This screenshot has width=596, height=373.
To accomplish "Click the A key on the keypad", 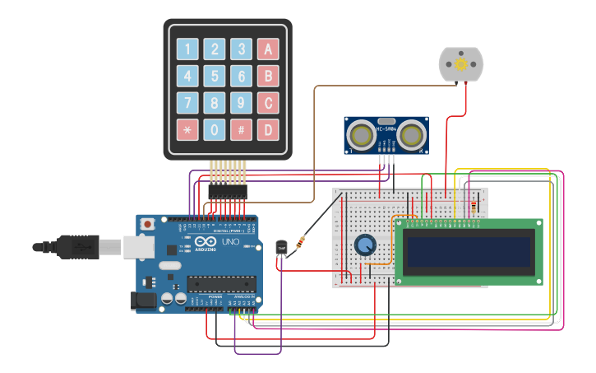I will pyautogui.click(x=267, y=49).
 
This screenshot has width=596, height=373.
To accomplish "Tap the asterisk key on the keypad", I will pyautogui.click(x=187, y=129).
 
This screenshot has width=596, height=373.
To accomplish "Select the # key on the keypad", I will pyautogui.click(x=241, y=129).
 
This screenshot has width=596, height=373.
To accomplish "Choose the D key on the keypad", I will pyautogui.click(x=267, y=129).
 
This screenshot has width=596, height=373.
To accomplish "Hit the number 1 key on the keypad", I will pyautogui.click(x=187, y=49).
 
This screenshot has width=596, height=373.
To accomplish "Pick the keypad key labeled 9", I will pyautogui.click(x=241, y=103).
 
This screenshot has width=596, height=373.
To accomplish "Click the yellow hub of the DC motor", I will pyautogui.click(x=461, y=64).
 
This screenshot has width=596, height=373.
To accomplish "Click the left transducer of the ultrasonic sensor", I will pyautogui.click(x=360, y=133).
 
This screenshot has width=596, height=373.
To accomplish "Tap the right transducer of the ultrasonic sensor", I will pyautogui.click(x=414, y=133).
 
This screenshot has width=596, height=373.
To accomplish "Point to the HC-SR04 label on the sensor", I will pyautogui.click(x=386, y=129).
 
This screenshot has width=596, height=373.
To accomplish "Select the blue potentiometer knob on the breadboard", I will pyautogui.click(x=364, y=245).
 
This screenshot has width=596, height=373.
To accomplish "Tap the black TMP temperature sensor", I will pyautogui.click(x=282, y=248).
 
